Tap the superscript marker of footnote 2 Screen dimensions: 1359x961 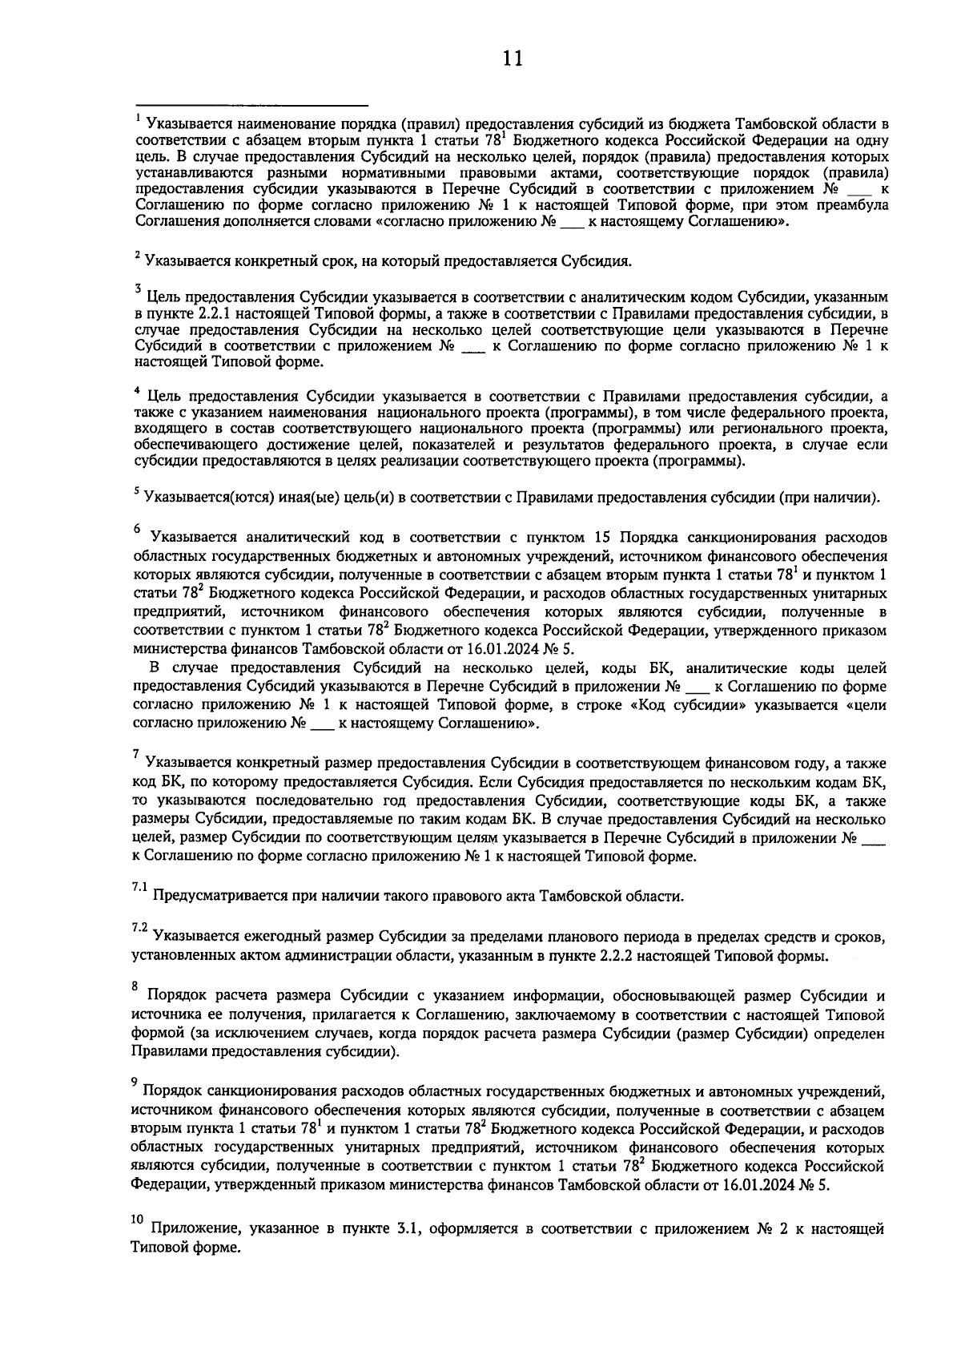click(x=138, y=255)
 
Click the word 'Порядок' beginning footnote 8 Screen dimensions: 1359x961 click(x=179, y=996)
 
